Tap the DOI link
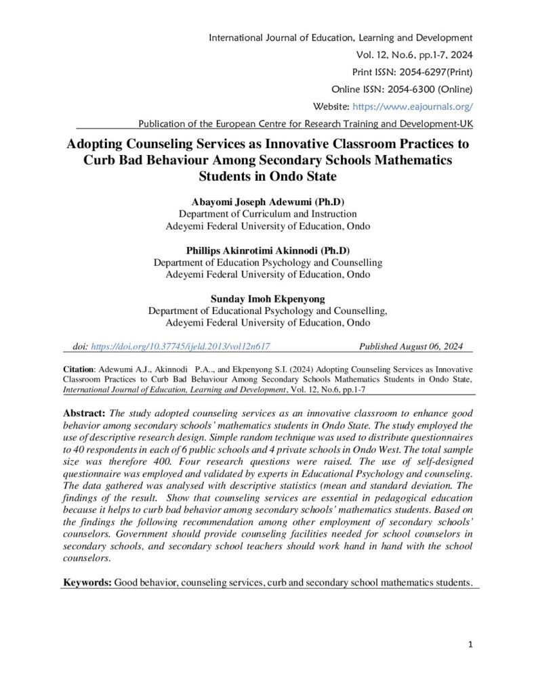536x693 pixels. [x=180, y=346]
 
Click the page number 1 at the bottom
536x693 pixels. [x=470, y=644]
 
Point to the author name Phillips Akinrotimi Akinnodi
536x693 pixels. [x=268, y=250]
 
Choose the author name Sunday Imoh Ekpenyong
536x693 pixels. [x=268, y=299]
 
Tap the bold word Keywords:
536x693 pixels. [x=87, y=582]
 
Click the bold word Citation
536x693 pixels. [x=79, y=370]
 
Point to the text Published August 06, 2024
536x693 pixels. [x=411, y=346]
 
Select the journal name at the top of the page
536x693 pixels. [x=342, y=37]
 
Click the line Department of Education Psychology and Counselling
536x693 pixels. [x=268, y=263]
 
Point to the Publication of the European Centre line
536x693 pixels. [x=305, y=124]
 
